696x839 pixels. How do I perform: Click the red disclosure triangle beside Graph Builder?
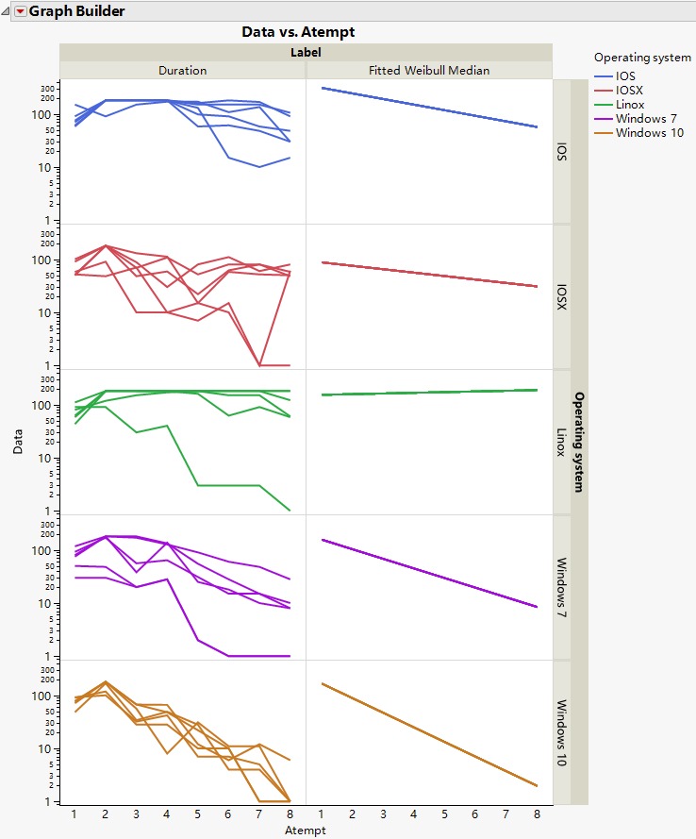[x=20, y=11]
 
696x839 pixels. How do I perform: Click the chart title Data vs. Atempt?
[x=298, y=32]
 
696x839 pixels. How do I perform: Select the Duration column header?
[x=183, y=71]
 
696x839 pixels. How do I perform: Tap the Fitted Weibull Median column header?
[x=430, y=71]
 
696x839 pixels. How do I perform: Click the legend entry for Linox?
[x=630, y=104]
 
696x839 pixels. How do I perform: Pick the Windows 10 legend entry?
[x=649, y=133]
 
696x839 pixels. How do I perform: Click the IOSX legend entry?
[x=629, y=90]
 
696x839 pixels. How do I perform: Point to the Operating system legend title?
[x=642, y=58]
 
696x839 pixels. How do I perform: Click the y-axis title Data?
[x=19, y=442]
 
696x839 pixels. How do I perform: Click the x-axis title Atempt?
[x=306, y=831]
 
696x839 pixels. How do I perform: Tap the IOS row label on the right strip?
[x=562, y=152]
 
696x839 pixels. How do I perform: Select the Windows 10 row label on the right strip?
[x=562, y=733]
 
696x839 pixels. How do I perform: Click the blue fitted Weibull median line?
[x=430, y=108]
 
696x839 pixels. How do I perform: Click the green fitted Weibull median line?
[x=430, y=393]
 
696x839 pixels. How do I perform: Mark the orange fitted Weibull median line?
[x=430, y=734]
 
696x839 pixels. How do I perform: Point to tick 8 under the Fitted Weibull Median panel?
[x=537, y=814]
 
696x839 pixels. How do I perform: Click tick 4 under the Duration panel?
[x=167, y=814]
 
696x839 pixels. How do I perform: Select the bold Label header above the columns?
[x=306, y=53]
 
